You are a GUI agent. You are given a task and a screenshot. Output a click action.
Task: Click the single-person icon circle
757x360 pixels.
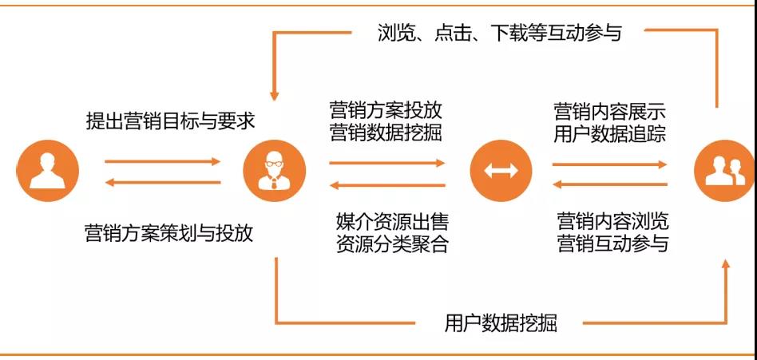(x=47, y=171)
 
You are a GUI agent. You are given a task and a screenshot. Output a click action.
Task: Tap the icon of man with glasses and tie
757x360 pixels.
(x=274, y=171)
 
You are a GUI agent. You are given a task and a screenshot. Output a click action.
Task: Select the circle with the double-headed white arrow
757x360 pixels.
(x=501, y=171)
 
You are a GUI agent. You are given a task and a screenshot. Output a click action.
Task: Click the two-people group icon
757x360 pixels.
(x=725, y=171)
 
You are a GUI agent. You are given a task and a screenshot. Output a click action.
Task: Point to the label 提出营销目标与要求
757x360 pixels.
(x=170, y=121)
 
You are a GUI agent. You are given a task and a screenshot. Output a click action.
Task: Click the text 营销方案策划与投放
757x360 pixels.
(x=169, y=234)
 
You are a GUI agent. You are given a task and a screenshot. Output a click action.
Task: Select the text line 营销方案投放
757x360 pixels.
(x=386, y=110)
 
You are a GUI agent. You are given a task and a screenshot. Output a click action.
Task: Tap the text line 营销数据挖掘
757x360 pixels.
(x=386, y=133)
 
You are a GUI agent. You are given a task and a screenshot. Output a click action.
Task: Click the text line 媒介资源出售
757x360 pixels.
(x=393, y=223)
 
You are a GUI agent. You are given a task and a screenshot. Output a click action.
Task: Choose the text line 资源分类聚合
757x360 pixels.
(x=393, y=244)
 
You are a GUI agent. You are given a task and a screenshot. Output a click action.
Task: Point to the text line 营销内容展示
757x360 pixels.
(x=610, y=112)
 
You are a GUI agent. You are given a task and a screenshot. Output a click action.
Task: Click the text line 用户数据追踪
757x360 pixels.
(x=610, y=133)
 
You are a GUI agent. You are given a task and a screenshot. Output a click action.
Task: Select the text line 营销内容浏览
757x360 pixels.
(x=613, y=221)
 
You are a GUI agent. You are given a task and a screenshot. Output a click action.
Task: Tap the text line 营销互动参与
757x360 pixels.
(x=613, y=243)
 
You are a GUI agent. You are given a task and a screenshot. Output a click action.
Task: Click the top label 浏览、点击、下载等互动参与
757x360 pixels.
(x=499, y=33)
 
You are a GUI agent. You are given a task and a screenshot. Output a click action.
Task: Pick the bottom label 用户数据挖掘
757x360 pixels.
(x=501, y=322)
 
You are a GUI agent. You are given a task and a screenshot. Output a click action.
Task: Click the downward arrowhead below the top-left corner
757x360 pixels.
(x=274, y=96)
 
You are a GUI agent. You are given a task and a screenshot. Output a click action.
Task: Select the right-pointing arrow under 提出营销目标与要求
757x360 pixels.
(x=163, y=161)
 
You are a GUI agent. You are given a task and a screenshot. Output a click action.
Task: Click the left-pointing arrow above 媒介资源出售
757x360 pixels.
(x=387, y=185)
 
